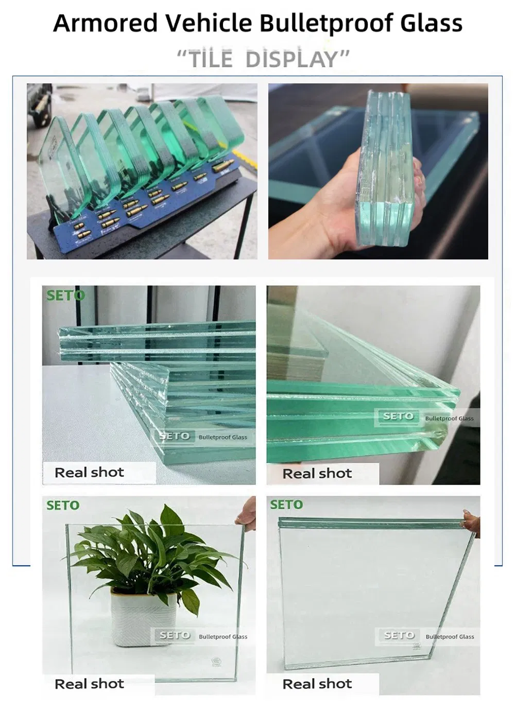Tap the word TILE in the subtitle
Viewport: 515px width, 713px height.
click(211, 59)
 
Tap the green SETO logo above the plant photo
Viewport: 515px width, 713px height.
click(63, 506)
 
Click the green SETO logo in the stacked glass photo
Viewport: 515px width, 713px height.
click(65, 295)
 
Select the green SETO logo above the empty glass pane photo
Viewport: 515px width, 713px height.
click(286, 505)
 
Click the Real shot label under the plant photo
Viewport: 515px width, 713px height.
click(89, 684)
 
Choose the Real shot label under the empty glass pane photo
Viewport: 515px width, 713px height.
click(317, 684)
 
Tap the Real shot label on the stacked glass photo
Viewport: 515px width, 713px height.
click(89, 472)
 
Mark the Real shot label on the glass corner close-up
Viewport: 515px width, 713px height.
click(317, 473)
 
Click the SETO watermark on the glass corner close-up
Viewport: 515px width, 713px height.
click(398, 416)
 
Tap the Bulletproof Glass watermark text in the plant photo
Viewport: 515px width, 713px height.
click(222, 637)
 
